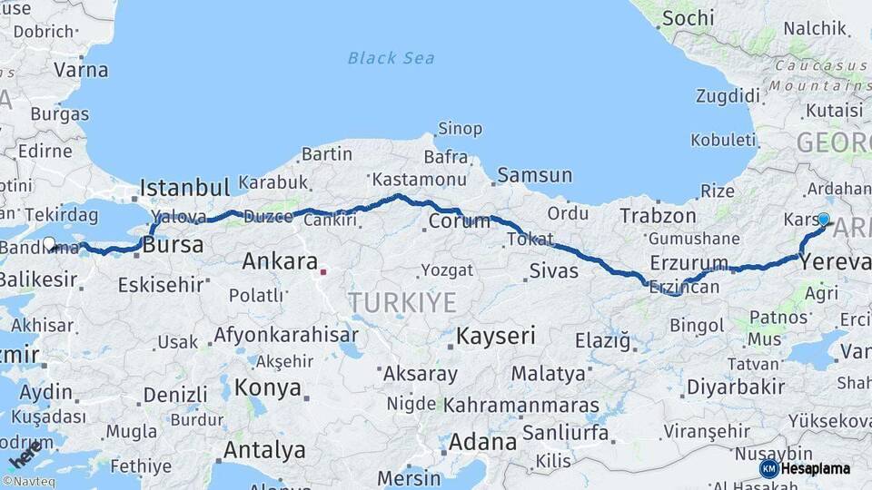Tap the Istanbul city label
point(183,189)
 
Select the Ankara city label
point(280,262)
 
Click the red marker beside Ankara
point(323,269)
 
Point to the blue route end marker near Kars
point(824,219)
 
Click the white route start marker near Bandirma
point(50,243)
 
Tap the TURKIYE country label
point(402,303)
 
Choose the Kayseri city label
point(495,336)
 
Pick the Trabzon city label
point(658,216)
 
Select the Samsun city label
point(534,175)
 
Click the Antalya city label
point(264,450)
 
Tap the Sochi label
point(688,18)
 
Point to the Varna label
point(81,70)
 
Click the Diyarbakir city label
point(736,387)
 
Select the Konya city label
point(267,388)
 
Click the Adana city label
point(482,443)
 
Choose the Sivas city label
point(553,270)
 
